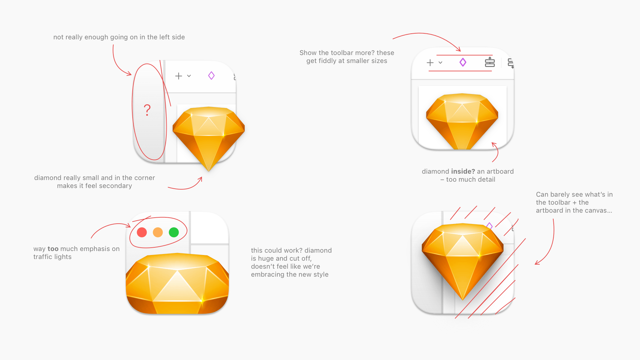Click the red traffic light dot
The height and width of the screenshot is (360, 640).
click(142, 232)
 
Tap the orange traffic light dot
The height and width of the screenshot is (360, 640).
click(158, 232)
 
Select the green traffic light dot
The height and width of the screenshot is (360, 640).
click(174, 232)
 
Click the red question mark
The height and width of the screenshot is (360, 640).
click(147, 110)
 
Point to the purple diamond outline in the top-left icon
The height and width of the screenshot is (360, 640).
click(211, 76)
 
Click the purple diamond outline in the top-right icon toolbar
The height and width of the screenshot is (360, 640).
click(463, 62)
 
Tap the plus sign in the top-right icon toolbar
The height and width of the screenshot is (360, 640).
click(430, 63)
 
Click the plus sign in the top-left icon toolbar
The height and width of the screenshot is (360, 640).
click(179, 76)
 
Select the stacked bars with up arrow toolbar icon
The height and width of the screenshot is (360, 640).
click(490, 62)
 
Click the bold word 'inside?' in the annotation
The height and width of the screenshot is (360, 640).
click(463, 171)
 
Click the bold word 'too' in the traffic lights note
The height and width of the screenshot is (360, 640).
click(53, 249)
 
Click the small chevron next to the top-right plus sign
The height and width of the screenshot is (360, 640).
click(440, 63)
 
